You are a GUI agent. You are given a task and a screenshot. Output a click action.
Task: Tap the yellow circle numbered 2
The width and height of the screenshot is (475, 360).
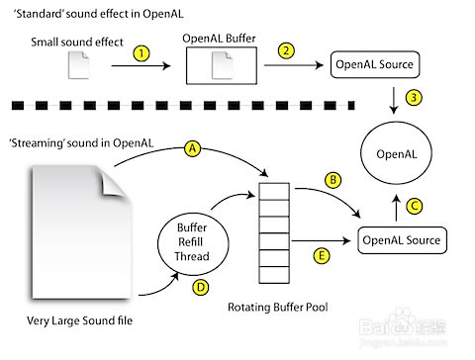coord(286,49)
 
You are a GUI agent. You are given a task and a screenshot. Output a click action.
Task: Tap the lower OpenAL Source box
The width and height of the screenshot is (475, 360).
coord(402,239)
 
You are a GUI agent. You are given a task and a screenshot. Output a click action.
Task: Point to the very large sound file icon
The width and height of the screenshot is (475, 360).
coord(73,228)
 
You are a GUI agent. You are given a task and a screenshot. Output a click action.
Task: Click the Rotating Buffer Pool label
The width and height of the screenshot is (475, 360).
coord(285,307)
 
